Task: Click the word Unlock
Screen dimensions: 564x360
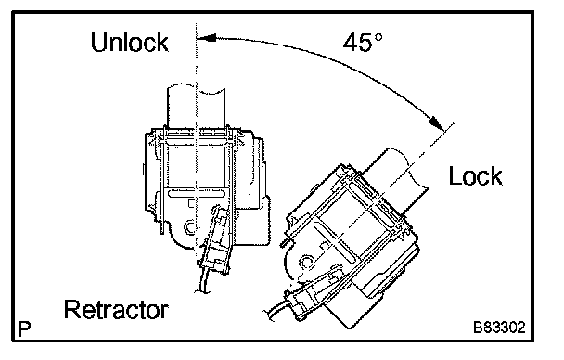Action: click(x=130, y=43)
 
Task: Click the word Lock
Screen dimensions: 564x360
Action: click(x=476, y=176)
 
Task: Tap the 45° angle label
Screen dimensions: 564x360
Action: click(x=363, y=43)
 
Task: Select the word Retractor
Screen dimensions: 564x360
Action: click(x=116, y=309)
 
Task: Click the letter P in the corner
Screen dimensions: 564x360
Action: click(x=24, y=328)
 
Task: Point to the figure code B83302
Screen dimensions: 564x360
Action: click(x=499, y=328)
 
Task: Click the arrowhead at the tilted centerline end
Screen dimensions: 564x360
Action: click(x=437, y=123)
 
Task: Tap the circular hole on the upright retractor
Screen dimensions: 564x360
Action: click(x=189, y=227)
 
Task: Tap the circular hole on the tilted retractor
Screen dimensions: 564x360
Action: click(x=306, y=263)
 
